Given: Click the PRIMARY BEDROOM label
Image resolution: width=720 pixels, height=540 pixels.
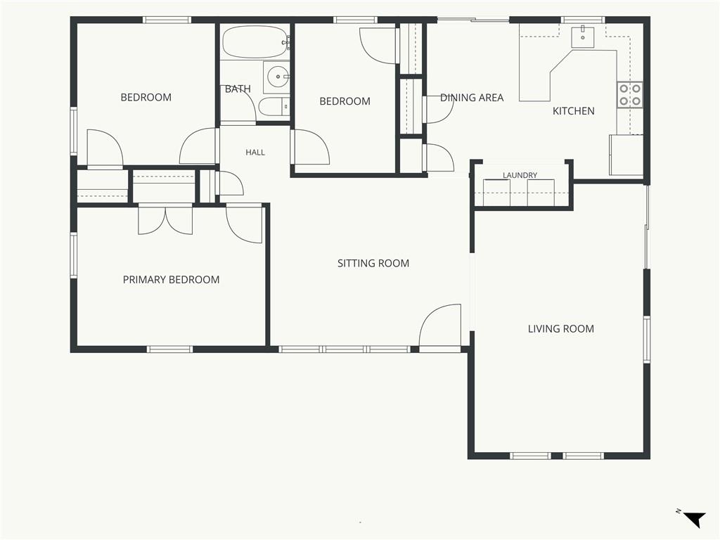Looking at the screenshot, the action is pyautogui.click(x=171, y=280).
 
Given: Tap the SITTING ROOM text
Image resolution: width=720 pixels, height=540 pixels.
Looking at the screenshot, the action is pyautogui.click(x=373, y=263).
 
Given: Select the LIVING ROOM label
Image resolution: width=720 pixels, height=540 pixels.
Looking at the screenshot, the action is pyautogui.click(x=560, y=329).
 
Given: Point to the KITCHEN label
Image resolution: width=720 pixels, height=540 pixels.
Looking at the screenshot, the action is pyautogui.click(x=574, y=110).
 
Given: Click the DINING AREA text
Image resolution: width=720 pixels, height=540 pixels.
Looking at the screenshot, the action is pyautogui.click(x=472, y=97).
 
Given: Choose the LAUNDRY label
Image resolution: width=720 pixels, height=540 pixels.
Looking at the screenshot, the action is pyautogui.click(x=520, y=175).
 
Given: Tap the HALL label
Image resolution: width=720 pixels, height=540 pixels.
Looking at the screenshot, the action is pyautogui.click(x=255, y=153).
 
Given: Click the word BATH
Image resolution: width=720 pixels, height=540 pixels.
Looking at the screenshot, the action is pyautogui.click(x=238, y=89).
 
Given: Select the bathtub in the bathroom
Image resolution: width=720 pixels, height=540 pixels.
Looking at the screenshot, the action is pyautogui.click(x=256, y=41).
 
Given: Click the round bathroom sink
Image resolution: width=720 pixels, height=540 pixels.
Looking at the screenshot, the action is pyautogui.click(x=277, y=77).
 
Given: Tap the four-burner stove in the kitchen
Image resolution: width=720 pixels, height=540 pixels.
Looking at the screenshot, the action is pyautogui.click(x=630, y=95).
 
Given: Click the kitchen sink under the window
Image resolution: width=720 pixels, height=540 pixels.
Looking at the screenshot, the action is pyautogui.click(x=583, y=37).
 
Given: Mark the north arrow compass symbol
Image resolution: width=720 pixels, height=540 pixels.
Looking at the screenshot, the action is pyautogui.click(x=694, y=519).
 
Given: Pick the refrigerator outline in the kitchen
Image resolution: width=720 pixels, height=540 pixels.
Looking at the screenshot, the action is pyautogui.click(x=626, y=155).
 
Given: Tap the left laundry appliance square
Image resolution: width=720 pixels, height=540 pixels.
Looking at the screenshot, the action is pyautogui.click(x=497, y=193).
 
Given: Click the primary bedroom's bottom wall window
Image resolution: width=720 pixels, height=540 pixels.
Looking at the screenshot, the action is pyautogui.click(x=170, y=349).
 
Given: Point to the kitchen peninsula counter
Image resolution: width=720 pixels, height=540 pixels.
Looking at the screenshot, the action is pyautogui.click(x=567, y=75).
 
